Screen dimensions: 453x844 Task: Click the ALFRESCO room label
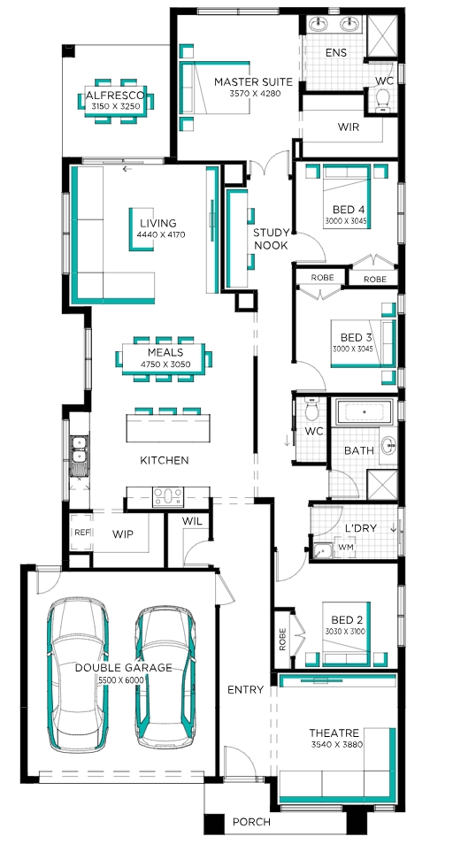pyautogui.click(x=115, y=96)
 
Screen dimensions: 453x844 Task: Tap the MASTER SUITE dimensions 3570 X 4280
pyautogui.click(x=256, y=93)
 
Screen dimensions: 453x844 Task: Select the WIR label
pyautogui.click(x=348, y=127)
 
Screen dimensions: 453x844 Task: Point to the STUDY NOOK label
pyautogui.click(x=271, y=239)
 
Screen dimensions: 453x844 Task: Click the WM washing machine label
pyautogui.click(x=342, y=547)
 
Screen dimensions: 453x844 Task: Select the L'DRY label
pyautogui.click(x=360, y=528)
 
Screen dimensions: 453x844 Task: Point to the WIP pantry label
pyautogui.click(x=123, y=534)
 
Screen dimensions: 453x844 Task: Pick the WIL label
pyautogui.click(x=191, y=521)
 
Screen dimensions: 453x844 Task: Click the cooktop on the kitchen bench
pyautogui.click(x=168, y=496)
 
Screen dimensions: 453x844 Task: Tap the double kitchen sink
pyautogui.click(x=79, y=450)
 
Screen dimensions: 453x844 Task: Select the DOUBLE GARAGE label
pyautogui.click(x=123, y=667)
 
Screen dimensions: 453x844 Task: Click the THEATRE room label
pyautogui.click(x=334, y=733)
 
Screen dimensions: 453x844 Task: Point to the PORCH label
pyautogui.click(x=251, y=822)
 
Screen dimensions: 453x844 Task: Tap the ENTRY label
pyautogui.click(x=245, y=689)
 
